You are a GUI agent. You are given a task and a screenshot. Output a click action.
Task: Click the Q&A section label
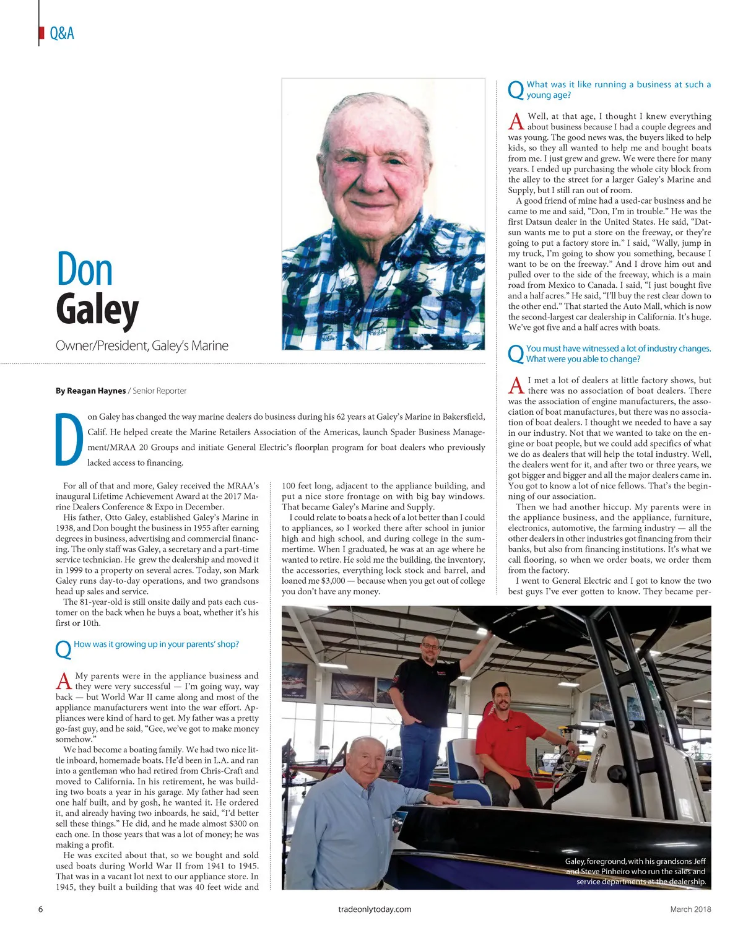coord(61,33)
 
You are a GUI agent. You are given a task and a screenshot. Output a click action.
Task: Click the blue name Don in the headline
coord(84,270)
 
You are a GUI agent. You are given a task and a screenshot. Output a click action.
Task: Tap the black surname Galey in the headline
coord(97,310)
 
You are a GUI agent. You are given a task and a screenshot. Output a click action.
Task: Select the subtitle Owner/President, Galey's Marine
coord(142,345)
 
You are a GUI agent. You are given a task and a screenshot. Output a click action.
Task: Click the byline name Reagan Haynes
coord(90,391)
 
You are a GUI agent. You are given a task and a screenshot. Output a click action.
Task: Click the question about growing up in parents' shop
coord(156,644)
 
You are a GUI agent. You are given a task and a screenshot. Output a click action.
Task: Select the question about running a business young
coord(618,90)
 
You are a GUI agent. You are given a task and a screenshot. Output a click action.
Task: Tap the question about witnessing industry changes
coord(618,354)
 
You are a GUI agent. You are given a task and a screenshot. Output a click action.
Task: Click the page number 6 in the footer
coord(41,909)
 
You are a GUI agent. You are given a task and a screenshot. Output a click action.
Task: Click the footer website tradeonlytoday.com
coord(375,909)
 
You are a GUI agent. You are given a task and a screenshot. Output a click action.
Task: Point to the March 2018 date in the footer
coord(690,909)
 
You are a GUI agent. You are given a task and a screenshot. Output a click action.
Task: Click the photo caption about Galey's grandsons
coord(635,871)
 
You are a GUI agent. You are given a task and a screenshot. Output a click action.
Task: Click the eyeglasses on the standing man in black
coord(430,646)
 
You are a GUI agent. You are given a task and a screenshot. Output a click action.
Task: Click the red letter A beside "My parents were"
coord(64,681)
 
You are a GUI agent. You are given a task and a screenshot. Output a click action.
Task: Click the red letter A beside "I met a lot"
coord(516,386)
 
